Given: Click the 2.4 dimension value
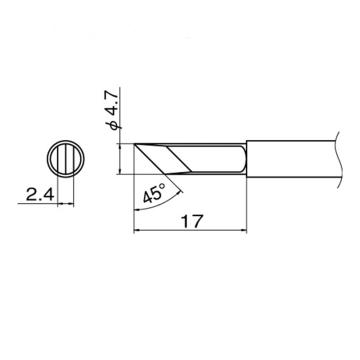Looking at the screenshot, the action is (x=40, y=195).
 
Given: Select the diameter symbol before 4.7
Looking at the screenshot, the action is (x=111, y=125).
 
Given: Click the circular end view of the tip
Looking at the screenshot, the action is (x=66, y=159).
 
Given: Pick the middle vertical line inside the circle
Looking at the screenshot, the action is (x=66, y=159).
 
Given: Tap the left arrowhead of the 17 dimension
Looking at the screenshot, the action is (x=136, y=230).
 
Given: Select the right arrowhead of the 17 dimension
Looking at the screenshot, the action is (x=244, y=230).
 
